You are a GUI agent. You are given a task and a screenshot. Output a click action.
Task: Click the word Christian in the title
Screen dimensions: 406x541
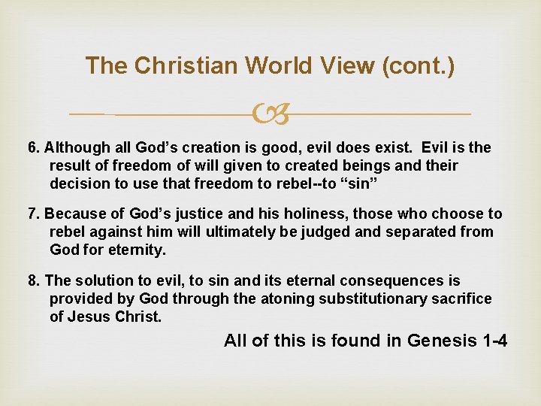(168, 66)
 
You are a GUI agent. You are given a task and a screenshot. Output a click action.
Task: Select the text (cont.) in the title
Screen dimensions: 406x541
(419, 66)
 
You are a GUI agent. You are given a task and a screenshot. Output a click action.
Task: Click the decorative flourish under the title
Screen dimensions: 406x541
(270, 114)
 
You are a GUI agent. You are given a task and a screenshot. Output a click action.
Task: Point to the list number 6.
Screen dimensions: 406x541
(32, 148)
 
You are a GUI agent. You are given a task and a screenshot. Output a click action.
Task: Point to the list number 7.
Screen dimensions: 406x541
(32, 214)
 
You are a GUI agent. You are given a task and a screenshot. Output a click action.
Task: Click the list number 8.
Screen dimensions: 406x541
(32, 281)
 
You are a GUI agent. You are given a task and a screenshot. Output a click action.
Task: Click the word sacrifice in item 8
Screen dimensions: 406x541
(461, 298)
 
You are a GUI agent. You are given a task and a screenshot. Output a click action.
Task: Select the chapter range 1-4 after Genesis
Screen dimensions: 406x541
(493, 341)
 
